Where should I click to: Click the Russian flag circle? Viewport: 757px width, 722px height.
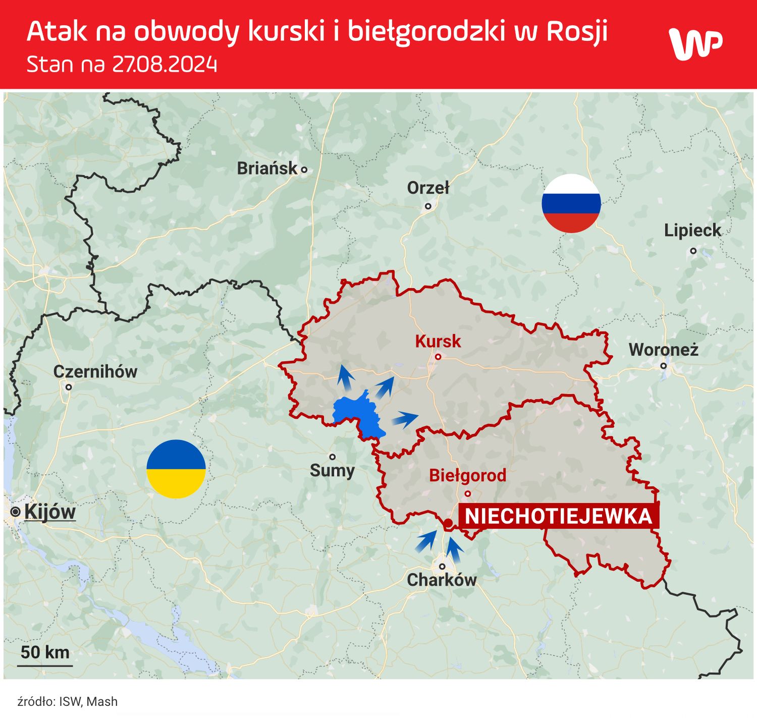(571, 203)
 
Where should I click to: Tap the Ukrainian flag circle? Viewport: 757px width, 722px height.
(176, 469)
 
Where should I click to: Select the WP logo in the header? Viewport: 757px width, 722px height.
(695, 44)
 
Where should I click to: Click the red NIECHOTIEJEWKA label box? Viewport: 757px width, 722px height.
(558, 516)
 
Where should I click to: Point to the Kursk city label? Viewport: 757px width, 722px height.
(438, 342)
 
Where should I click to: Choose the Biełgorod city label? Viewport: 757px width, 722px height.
(467, 475)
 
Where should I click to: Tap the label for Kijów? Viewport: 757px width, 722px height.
(49, 512)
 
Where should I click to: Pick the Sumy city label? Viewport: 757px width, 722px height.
(332, 471)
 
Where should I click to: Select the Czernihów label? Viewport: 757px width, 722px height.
(95, 372)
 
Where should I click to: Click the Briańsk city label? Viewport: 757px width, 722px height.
(267, 169)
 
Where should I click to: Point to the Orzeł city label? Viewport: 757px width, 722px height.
(428, 188)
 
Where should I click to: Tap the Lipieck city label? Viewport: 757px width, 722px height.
(692, 231)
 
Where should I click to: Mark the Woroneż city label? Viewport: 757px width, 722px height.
(663, 350)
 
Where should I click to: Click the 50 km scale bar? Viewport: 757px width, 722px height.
(45, 656)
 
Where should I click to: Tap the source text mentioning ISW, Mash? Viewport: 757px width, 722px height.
(67, 701)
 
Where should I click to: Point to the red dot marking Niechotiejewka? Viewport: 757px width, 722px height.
(448, 522)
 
